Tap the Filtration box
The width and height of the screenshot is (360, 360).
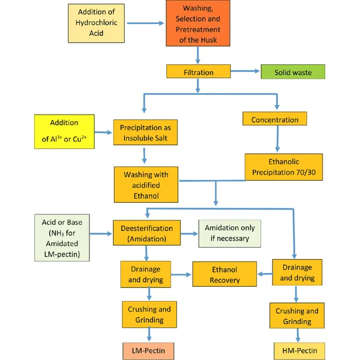tap(198, 71)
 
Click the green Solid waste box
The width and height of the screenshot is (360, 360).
tap(292, 72)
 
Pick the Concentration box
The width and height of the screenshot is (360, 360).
tap(275, 119)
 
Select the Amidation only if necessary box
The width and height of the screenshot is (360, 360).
tap(230, 233)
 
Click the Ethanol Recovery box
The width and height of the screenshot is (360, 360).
tap(225, 275)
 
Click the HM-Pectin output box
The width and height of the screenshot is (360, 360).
tap(296, 349)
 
